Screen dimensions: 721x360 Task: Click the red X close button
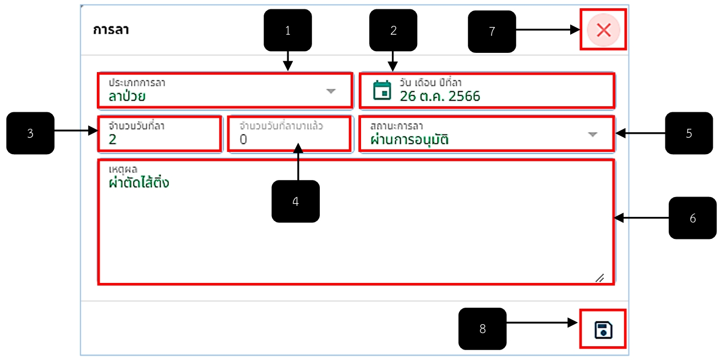603,30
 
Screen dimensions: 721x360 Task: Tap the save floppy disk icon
603,330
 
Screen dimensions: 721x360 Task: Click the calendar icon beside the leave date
382,90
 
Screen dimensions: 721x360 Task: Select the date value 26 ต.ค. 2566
440,96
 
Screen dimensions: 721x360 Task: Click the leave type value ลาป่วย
127,96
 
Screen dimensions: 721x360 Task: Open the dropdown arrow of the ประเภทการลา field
331,91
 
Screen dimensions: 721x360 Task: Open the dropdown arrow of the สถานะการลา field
593,134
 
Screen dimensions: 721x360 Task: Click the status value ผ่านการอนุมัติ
409,140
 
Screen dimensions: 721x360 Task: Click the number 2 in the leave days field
112,139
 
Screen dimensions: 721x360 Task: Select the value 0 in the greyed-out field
243,139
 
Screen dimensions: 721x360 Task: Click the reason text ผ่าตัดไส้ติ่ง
139,182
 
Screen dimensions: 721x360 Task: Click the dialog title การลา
111,30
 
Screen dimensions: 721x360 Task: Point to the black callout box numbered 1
288,30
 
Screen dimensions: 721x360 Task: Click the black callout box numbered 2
394,30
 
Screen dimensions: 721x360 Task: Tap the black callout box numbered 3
30,133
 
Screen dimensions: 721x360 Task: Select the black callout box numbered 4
296,201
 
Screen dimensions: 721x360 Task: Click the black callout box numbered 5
689,133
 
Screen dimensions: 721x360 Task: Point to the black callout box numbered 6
693,218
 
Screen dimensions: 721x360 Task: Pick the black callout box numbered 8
483,329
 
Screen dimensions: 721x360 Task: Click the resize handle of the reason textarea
600,278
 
